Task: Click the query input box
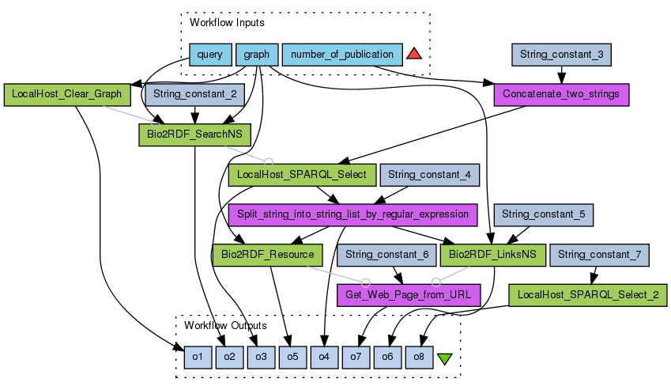pos(209,55)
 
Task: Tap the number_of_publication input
pos(341,55)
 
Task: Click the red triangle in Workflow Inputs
pos(414,55)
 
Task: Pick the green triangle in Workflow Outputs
pos(444,358)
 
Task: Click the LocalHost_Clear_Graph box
pos(66,94)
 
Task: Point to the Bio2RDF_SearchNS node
pos(194,134)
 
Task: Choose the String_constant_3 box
pos(562,55)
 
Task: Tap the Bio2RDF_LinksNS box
pos(492,255)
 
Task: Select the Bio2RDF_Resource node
pos(267,255)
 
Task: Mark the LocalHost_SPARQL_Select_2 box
pos(586,295)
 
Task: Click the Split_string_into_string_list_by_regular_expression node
pos(352,214)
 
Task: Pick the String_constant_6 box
pos(386,255)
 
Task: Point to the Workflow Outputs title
pos(225,325)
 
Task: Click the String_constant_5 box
pos(543,214)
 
